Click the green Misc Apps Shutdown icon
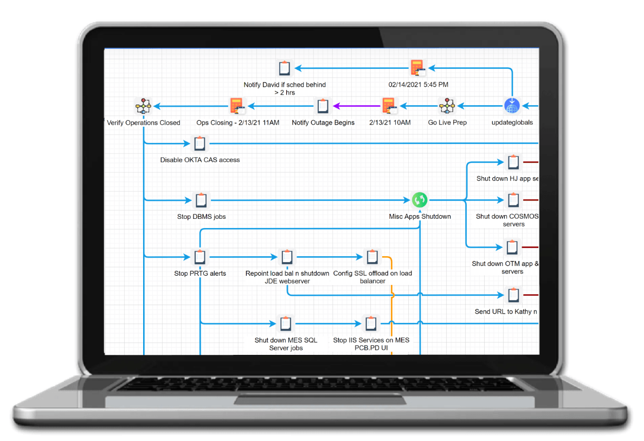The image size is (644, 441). tap(419, 200)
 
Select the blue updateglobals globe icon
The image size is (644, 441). tap(511, 106)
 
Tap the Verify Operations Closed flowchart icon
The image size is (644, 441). tap(143, 106)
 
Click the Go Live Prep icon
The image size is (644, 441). tap(447, 106)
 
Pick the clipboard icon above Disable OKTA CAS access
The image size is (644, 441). tap(200, 144)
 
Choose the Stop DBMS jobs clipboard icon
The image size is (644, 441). tap(201, 200)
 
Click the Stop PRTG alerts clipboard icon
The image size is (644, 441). tap(200, 257)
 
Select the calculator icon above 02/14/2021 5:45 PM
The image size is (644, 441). tap(417, 68)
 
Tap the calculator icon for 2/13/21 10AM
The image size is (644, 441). tap(389, 106)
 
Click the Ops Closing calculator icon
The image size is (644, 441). tap(237, 106)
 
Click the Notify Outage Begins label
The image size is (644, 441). tap(323, 122)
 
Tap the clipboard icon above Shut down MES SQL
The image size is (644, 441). tap(286, 324)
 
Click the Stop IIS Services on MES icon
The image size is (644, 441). tap(371, 324)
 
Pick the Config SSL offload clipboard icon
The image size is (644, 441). tap(372, 257)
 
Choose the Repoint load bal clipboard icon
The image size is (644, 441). tap(287, 257)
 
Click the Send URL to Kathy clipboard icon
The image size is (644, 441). tap(513, 295)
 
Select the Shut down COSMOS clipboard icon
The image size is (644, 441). tap(513, 200)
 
